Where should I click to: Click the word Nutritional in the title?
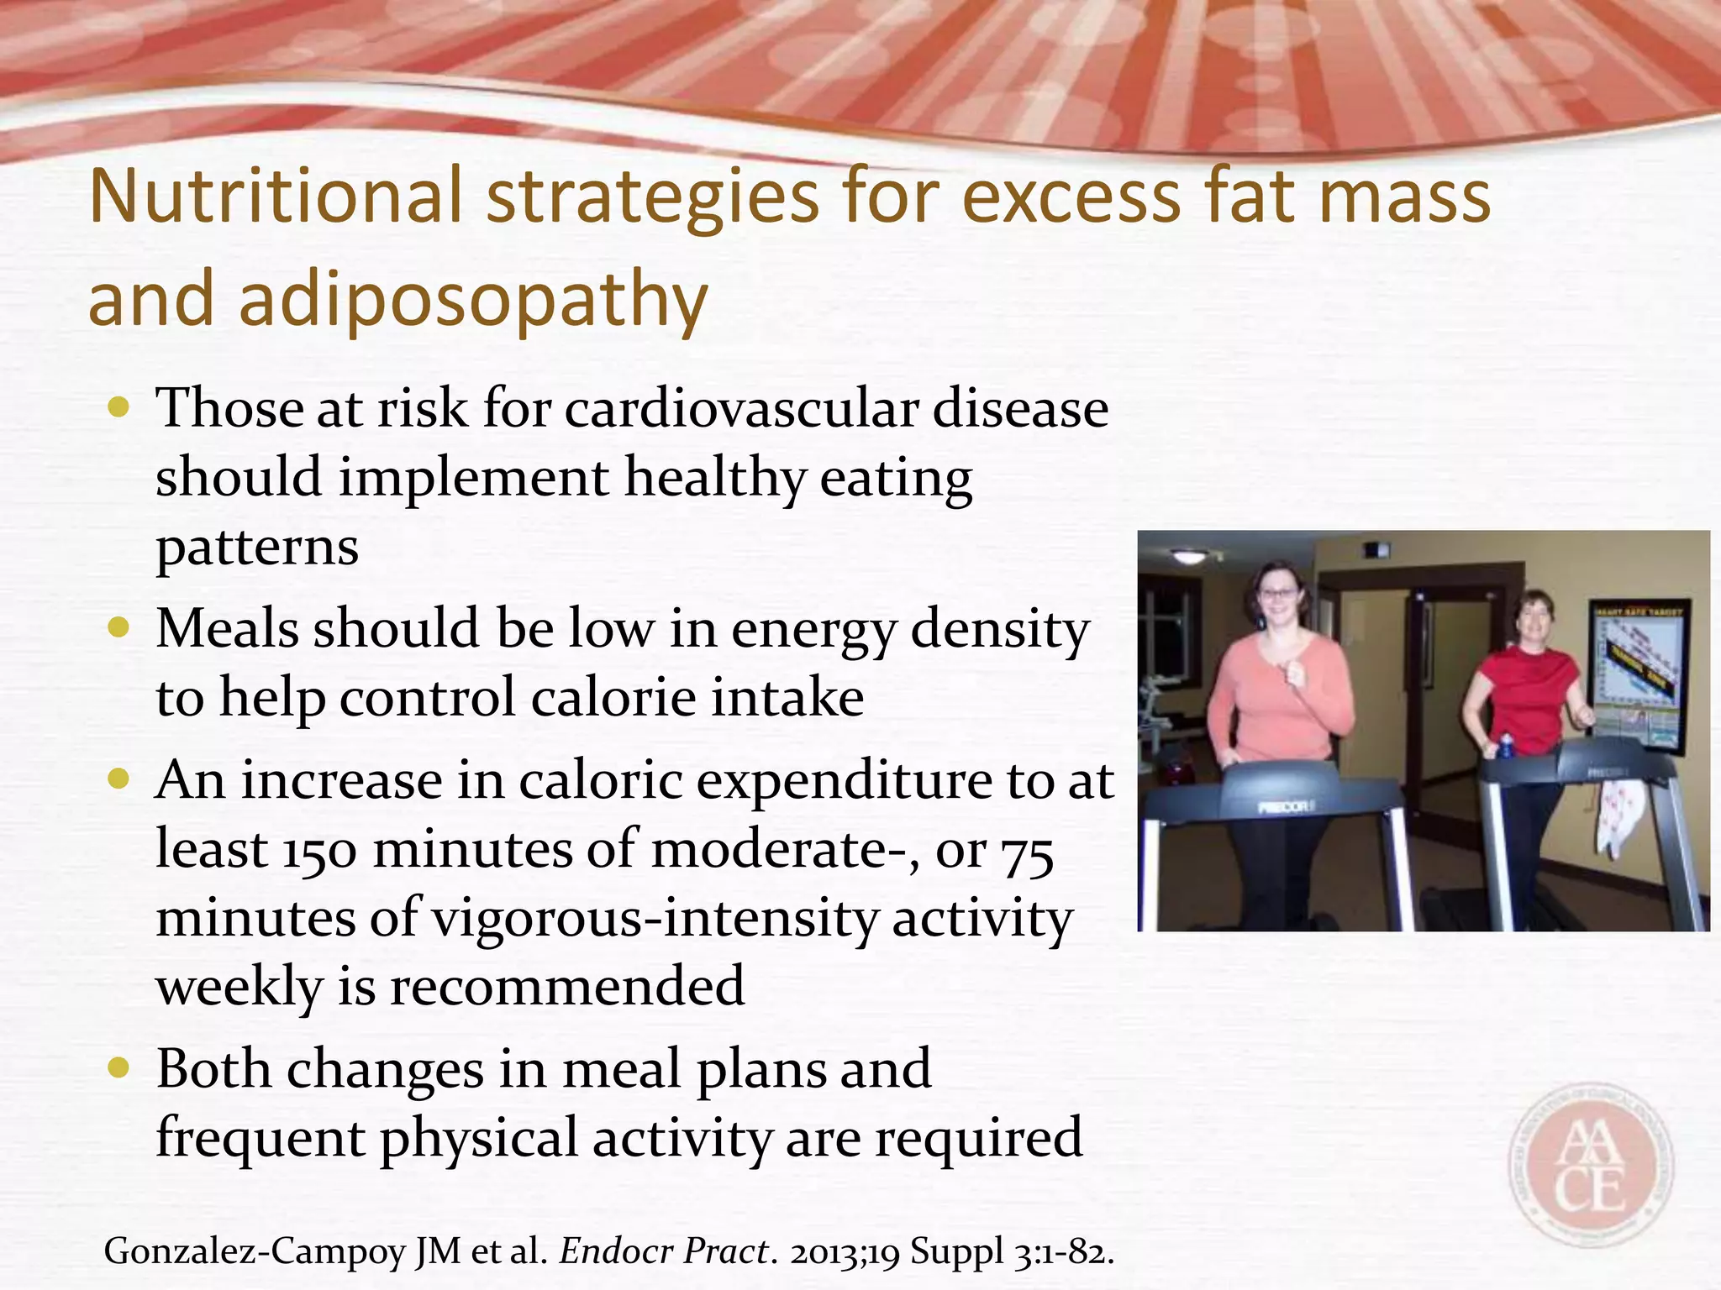tap(276, 197)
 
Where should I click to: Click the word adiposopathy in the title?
tap(472, 301)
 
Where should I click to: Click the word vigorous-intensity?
tap(654, 919)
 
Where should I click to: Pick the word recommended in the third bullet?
tap(567, 986)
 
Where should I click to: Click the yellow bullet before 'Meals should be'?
tap(119, 627)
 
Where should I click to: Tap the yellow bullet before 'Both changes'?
tap(119, 1067)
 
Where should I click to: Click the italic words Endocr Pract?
tap(663, 1251)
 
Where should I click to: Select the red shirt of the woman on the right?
tap(1523, 693)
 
